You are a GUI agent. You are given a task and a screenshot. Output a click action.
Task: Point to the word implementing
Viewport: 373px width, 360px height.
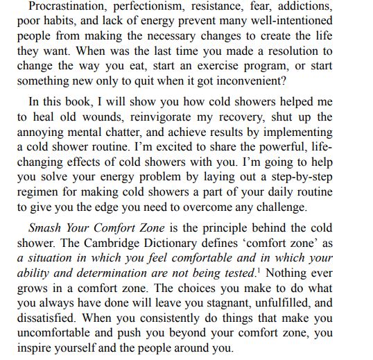[293, 132]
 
